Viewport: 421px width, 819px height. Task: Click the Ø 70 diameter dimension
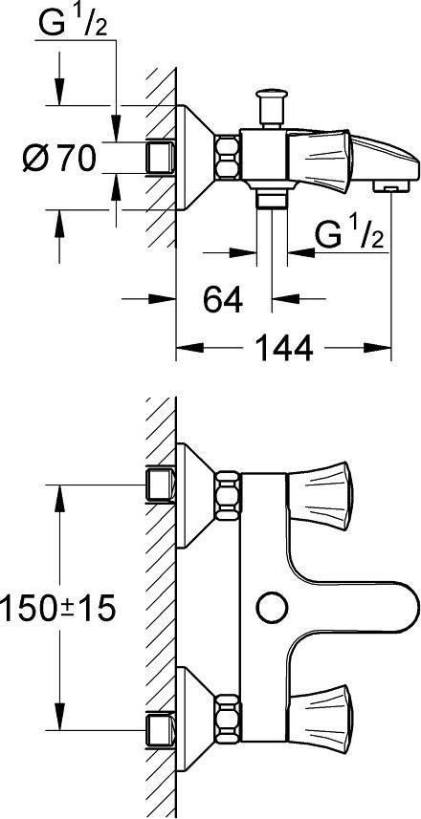point(59,159)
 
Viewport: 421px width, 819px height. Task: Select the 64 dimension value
point(223,300)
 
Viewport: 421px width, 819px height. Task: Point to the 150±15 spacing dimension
point(57,608)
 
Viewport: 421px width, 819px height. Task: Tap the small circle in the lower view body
point(273,608)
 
